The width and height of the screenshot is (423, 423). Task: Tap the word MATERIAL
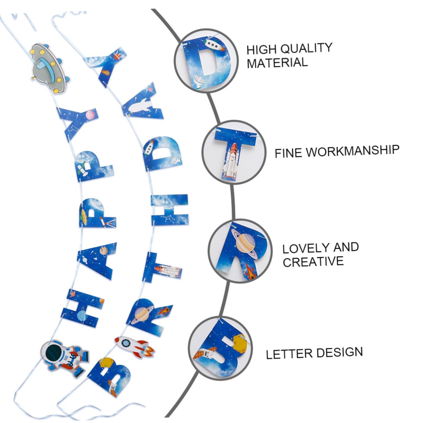(277, 62)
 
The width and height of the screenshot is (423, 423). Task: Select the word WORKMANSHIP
(352, 151)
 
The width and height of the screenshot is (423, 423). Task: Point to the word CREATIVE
(313, 261)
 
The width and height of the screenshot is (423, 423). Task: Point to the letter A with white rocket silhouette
(143, 103)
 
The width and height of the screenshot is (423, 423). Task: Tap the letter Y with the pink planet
(78, 122)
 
